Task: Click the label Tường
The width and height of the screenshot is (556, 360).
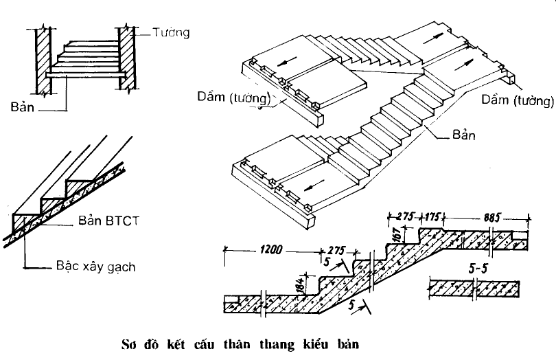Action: [171, 32]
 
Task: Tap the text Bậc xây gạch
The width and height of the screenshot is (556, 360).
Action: [96, 267]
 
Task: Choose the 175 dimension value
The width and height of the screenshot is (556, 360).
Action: [434, 216]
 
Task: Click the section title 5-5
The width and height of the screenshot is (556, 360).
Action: [478, 269]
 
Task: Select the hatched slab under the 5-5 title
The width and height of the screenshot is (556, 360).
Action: [478, 287]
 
